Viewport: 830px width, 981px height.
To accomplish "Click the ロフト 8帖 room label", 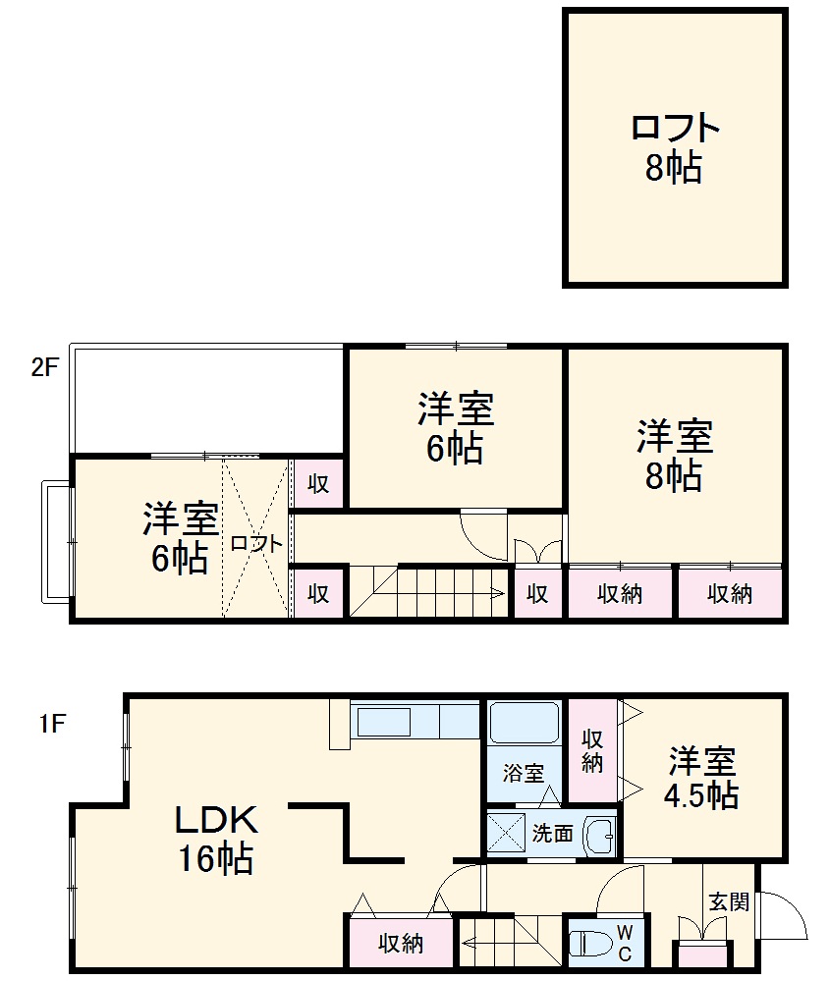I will coord(674,148).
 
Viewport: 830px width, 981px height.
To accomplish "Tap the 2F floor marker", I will coord(45,368).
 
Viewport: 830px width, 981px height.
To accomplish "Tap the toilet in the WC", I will coord(589,944).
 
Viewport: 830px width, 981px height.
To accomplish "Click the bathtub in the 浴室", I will coord(524,726).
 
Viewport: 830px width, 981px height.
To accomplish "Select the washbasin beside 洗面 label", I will coord(598,837).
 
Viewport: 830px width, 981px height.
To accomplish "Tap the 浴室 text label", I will coord(523,773).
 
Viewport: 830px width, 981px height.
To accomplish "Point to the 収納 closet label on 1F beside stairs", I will coord(401,944).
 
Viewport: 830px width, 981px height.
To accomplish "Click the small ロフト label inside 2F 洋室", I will coord(257,543).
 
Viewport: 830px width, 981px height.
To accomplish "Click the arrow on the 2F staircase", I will coord(496,592).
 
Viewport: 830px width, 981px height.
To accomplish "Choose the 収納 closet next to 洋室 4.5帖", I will coord(591,751).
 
